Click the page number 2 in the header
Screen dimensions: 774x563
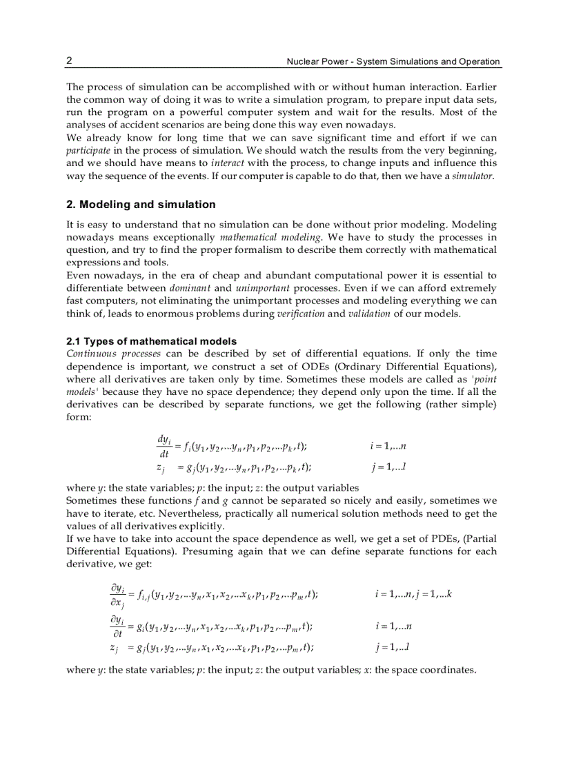[x=69, y=61]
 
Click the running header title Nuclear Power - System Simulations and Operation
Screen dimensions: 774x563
[x=393, y=61]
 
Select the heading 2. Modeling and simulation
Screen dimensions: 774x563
[x=141, y=205]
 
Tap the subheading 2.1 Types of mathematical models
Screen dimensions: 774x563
[x=151, y=341]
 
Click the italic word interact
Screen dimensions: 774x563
[x=227, y=163]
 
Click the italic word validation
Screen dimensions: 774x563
[x=368, y=314]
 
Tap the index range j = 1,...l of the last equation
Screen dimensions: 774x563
[x=393, y=647]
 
